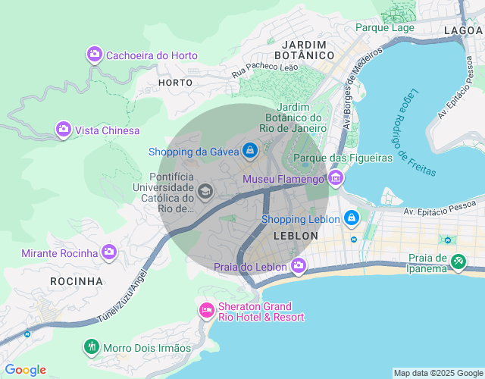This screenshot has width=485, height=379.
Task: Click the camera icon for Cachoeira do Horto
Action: [x=95, y=55]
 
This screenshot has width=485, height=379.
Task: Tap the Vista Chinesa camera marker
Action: [x=64, y=130]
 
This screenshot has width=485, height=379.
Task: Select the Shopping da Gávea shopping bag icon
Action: [x=249, y=151]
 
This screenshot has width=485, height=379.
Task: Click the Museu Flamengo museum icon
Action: [x=336, y=179]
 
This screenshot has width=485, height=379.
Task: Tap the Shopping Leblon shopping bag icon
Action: [x=351, y=219]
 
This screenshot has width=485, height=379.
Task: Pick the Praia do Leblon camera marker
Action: [x=299, y=266]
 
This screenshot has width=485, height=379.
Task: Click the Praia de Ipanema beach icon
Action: [x=458, y=262]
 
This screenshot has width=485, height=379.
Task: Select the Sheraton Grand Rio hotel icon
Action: [x=206, y=310]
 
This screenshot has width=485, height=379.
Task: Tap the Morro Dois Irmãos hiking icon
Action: [x=92, y=347]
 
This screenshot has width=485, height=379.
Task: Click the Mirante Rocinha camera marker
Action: [x=110, y=252]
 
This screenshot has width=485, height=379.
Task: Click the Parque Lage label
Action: [x=385, y=27]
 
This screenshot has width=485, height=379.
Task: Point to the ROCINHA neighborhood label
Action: [x=76, y=281]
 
